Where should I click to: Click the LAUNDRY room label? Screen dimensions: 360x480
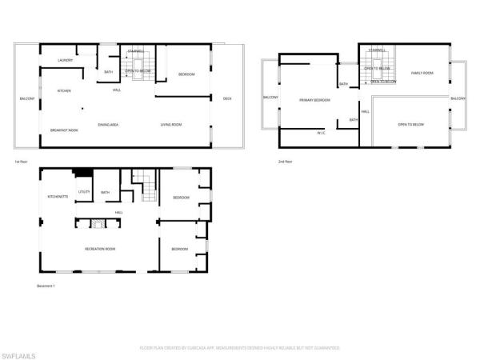[66, 60]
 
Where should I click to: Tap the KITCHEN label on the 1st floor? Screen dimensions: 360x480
[64, 91]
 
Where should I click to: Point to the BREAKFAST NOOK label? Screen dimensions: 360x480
[63, 130]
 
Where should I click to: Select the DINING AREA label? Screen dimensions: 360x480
[109, 125]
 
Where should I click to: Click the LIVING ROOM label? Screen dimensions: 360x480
[171, 125]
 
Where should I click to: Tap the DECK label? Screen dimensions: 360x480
[227, 98]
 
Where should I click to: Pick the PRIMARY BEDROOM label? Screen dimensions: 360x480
[314, 100]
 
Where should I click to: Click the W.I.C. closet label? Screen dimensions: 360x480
[320, 133]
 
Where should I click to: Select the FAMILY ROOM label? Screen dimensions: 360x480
[422, 74]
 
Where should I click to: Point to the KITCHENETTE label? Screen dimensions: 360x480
[58, 196]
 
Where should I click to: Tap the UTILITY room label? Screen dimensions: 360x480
[84, 192]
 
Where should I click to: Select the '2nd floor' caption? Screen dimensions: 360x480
[286, 162]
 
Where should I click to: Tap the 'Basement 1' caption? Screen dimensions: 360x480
[46, 286]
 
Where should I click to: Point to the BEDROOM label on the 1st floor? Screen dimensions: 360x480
[186, 74]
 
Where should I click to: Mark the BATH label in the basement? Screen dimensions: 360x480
[105, 192]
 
